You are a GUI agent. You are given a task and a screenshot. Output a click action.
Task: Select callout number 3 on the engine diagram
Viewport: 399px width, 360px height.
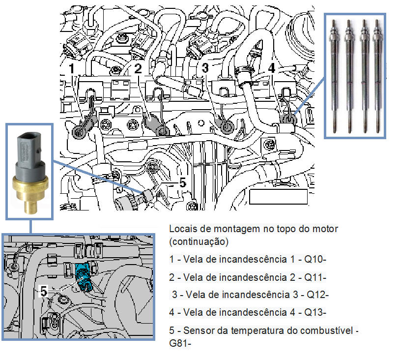click(205, 67)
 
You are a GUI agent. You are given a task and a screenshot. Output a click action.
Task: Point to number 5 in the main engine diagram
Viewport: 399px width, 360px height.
click(182, 182)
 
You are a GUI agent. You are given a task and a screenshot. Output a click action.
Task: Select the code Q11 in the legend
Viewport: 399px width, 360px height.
click(315, 277)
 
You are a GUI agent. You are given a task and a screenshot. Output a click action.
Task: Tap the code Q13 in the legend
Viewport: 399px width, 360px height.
click(316, 312)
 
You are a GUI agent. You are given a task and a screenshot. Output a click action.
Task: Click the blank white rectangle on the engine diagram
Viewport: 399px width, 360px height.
click(278, 197)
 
